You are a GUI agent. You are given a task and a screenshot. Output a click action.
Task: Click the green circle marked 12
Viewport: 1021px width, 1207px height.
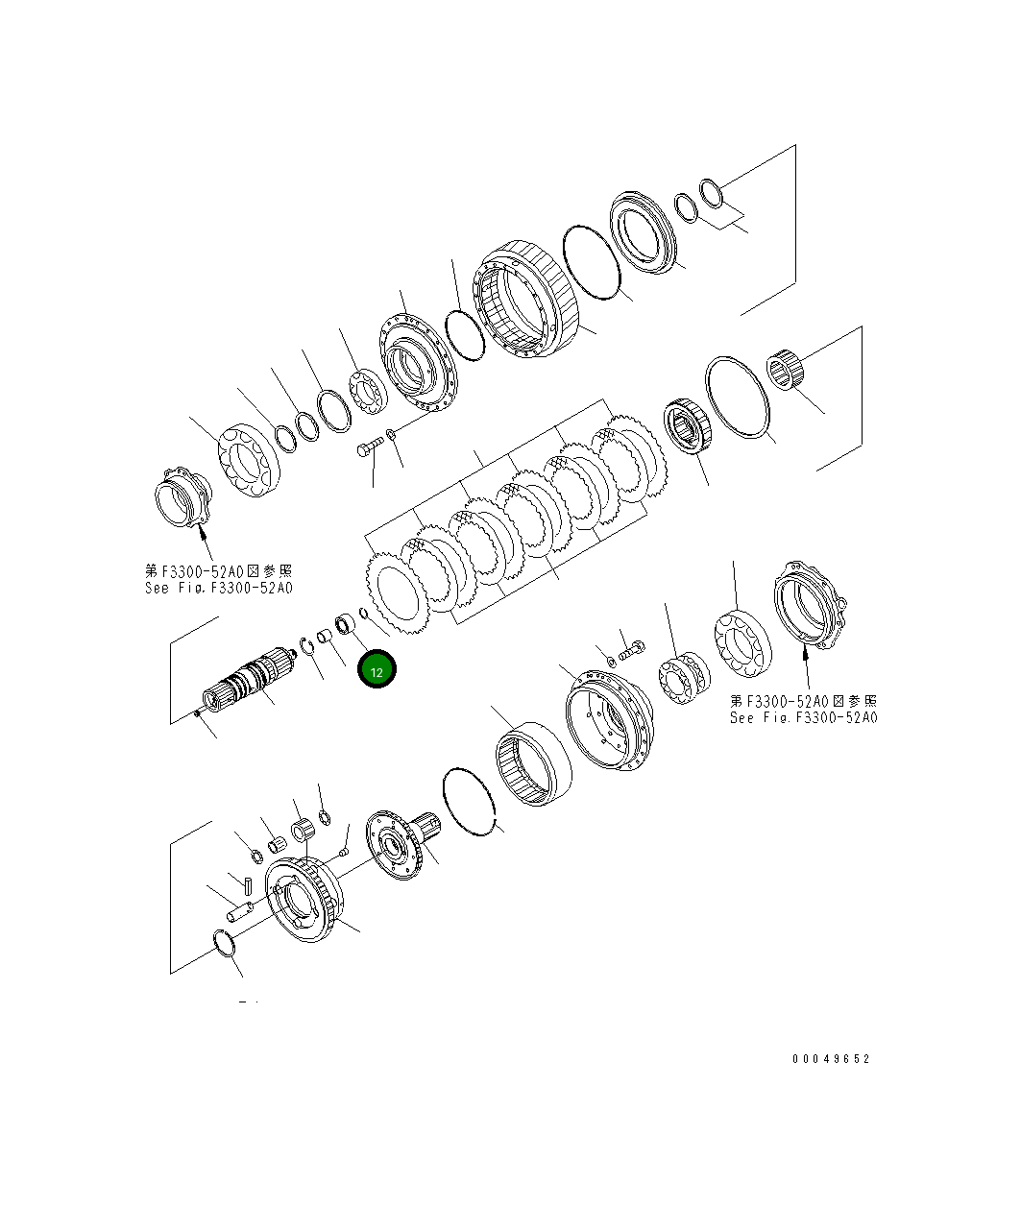point(377,671)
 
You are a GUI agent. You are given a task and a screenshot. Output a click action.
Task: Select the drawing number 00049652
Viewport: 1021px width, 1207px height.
point(831,1059)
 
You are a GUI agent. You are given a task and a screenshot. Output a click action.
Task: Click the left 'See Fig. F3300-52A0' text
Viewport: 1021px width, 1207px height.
point(219,588)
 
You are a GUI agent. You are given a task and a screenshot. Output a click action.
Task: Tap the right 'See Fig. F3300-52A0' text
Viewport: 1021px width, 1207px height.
point(803,717)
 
